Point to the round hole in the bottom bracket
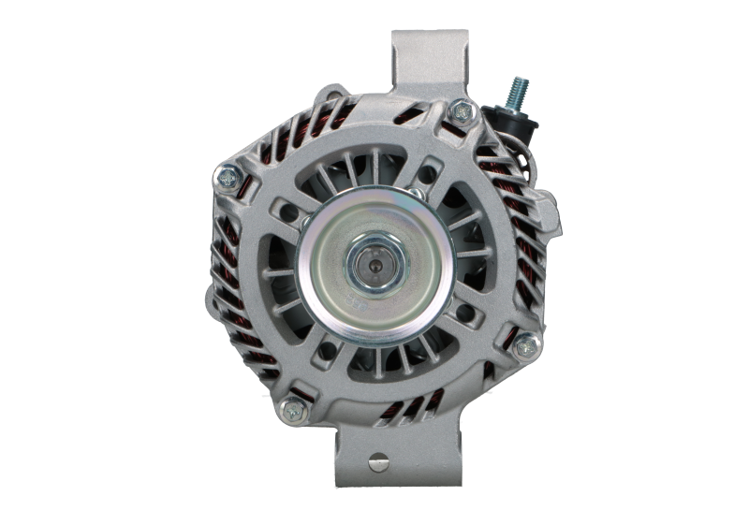pyautogui.click(x=377, y=460)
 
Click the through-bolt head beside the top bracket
pyautogui.click(x=460, y=111)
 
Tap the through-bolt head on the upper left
pyautogui.click(x=228, y=173)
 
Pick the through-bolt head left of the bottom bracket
pyautogui.click(x=292, y=407)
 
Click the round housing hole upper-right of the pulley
pyautogui.click(x=430, y=175)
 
